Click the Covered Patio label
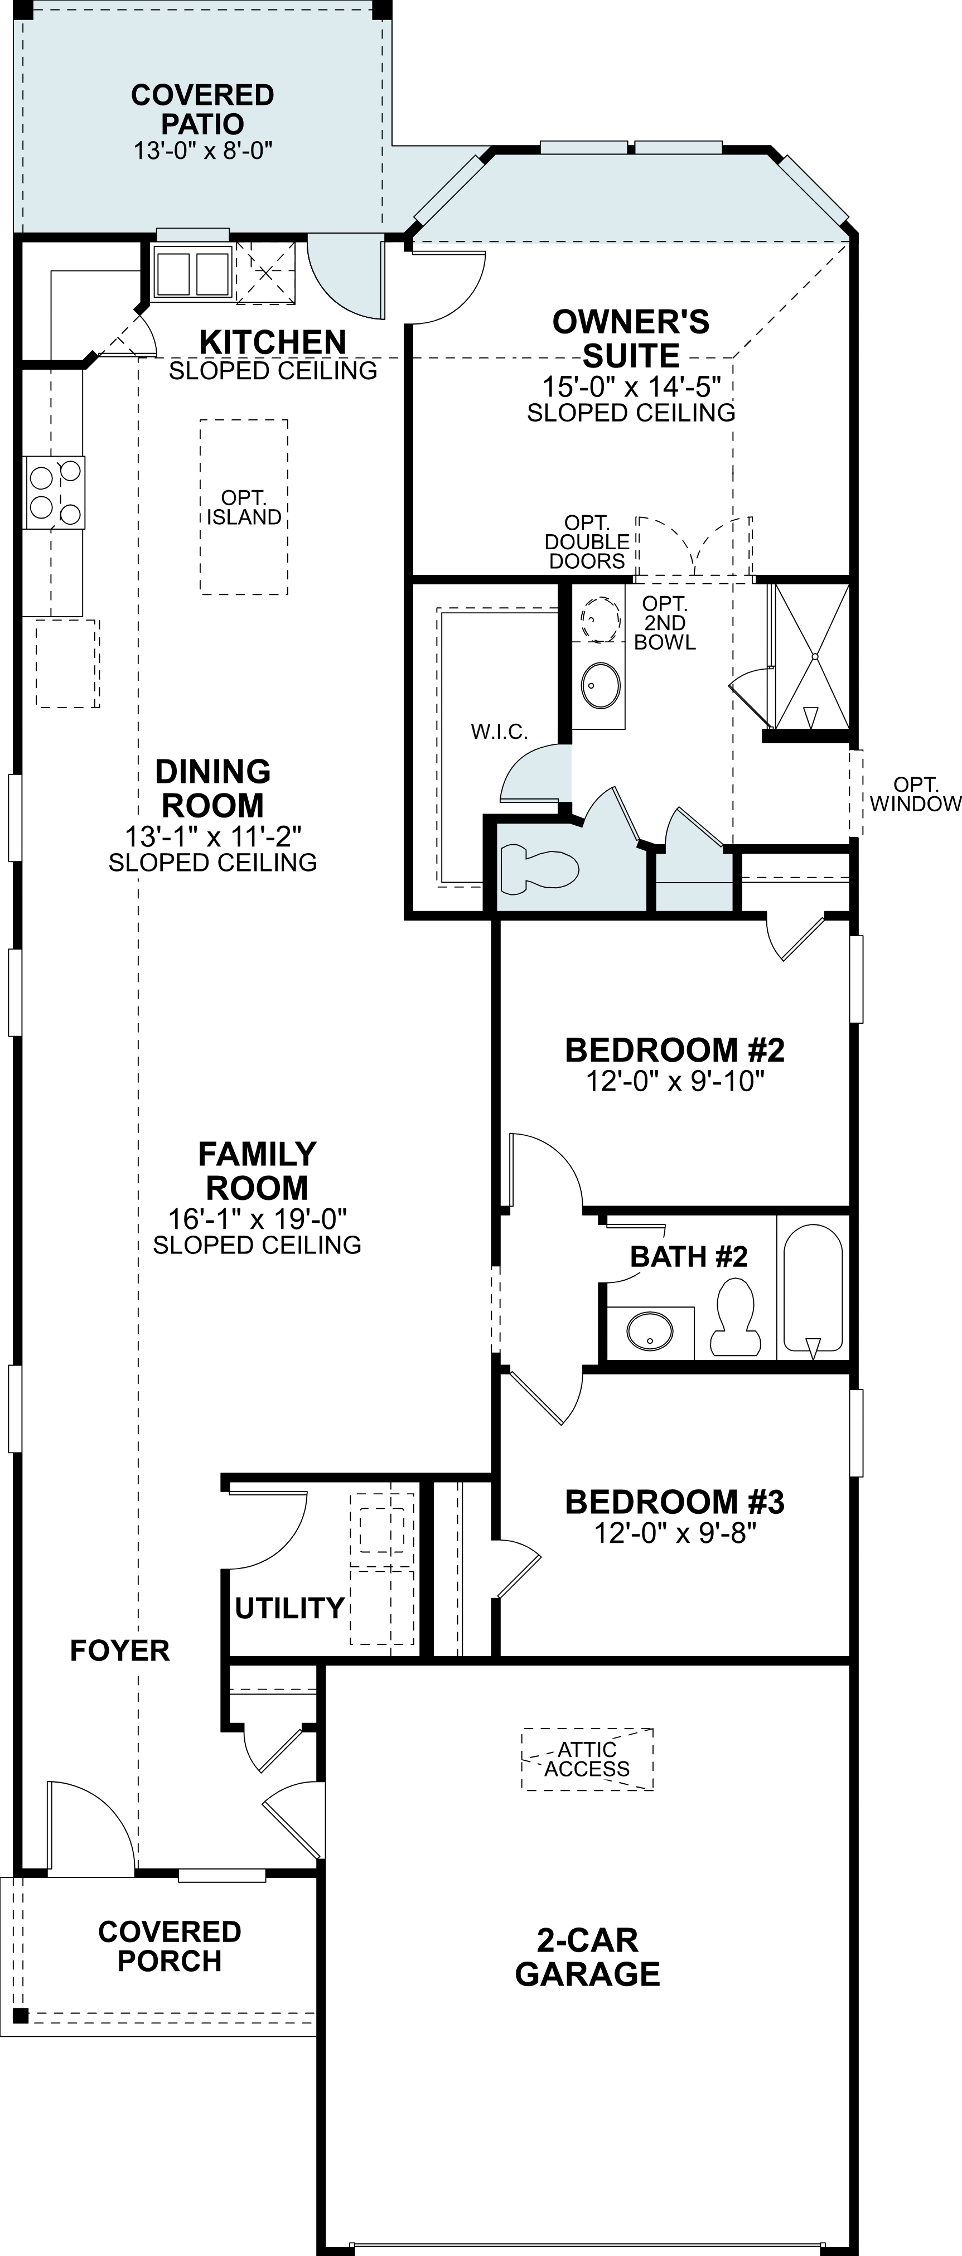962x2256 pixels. click(x=202, y=109)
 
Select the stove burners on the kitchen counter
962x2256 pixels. click(x=54, y=493)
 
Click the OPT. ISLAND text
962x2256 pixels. click(x=244, y=508)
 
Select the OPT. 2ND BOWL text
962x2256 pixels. click(x=665, y=623)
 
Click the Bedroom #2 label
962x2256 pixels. click(x=675, y=1049)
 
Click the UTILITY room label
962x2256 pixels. click(x=288, y=1608)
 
